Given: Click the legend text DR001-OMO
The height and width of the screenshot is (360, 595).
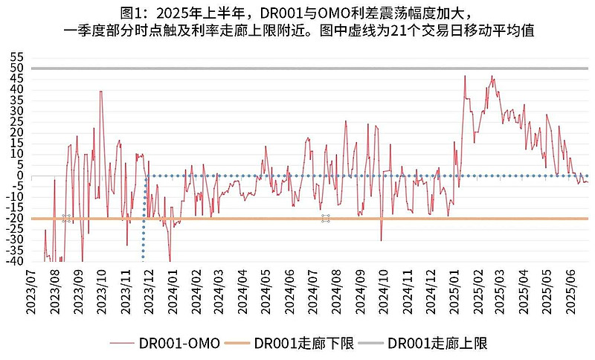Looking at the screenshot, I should (x=179, y=343).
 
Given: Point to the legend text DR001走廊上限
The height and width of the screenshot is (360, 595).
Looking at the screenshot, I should (x=437, y=343).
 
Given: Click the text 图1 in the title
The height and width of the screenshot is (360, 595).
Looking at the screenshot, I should (x=133, y=13).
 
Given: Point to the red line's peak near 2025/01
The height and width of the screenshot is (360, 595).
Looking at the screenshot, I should (x=465, y=75).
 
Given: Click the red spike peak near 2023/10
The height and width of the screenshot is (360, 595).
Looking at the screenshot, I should (x=100, y=91).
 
